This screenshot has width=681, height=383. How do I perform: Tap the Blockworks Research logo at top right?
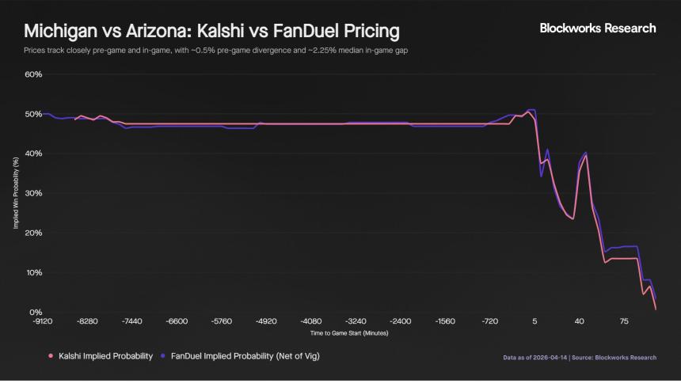597,28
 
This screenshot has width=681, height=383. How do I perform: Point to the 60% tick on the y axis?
33,74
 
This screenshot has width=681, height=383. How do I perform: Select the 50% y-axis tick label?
33,114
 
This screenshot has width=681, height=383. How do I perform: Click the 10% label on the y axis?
33,273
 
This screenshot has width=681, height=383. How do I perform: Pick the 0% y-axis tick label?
36,313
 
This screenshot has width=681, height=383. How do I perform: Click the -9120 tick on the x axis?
43,322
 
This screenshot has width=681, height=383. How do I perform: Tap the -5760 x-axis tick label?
222,322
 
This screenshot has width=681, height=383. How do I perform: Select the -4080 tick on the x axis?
311,322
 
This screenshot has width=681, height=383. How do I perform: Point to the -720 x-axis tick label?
490,322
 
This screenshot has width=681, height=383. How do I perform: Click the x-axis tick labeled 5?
535,322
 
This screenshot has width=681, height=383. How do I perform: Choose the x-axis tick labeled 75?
624,322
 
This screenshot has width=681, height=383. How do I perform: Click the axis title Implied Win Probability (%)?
15,193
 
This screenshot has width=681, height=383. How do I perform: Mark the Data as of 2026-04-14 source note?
580,358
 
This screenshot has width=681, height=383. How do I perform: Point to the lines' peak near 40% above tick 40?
585,154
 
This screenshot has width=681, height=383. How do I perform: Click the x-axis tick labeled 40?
580,322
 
